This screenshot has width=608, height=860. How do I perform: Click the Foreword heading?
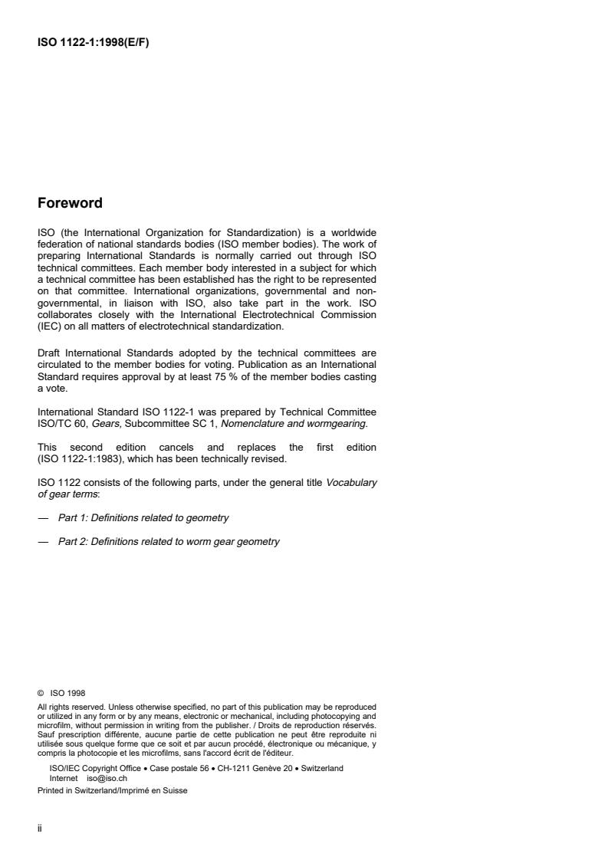click(70, 204)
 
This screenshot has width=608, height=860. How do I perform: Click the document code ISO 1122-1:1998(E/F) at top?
click(93, 43)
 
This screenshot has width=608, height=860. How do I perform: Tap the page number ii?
click(40, 828)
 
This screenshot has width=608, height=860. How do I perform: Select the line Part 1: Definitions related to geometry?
click(143, 518)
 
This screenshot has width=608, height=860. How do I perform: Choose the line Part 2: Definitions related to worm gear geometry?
click(169, 542)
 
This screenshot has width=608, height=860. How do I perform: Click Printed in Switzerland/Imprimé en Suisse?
click(112, 791)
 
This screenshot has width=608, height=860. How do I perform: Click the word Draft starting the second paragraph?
click(51, 354)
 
